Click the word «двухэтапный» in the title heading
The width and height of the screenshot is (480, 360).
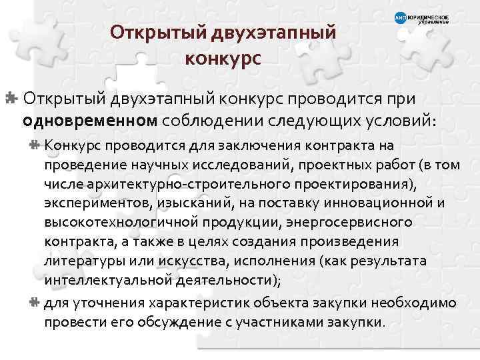pyautogui.click(x=275, y=31)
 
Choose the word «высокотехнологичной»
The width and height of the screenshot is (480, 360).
pyautogui.click(x=113, y=222)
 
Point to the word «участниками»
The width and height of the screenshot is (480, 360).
pyautogui.click(x=281, y=323)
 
